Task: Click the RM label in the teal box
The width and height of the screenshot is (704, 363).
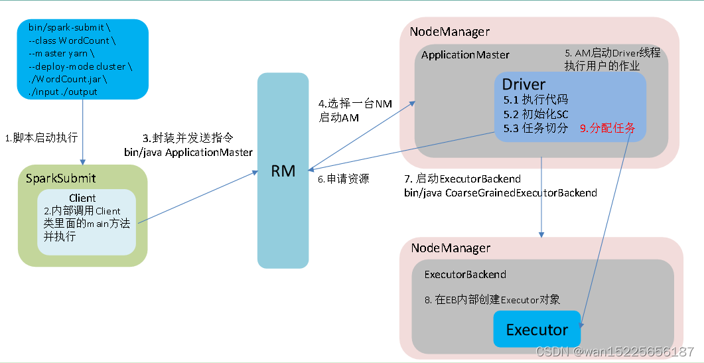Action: coord(283,171)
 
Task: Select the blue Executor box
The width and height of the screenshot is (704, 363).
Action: coord(537,329)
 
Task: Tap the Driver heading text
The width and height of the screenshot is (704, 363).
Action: coord(524,84)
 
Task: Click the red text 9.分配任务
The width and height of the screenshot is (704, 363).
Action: coord(607,128)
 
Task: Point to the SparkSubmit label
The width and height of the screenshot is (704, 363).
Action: coord(60,178)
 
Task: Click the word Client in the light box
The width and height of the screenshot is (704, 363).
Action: coord(82,198)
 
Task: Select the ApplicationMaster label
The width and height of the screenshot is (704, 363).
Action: coord(465,54)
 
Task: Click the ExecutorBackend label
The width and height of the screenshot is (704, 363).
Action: coord(464,274)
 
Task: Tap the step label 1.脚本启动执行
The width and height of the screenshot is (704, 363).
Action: coord(42,138)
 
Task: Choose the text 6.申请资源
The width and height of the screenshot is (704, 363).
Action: coord(342,179)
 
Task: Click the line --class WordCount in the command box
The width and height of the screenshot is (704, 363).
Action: coord(68,40)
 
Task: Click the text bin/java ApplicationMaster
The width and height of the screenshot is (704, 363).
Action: coord(188,153)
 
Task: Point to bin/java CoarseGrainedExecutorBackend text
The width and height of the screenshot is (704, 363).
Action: coord(501,193)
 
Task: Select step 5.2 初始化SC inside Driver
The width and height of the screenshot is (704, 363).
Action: coord(535,114)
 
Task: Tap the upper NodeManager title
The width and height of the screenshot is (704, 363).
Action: coord(449,31)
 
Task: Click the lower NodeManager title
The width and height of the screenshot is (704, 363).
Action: coord(451,248)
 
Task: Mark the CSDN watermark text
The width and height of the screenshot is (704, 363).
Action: coord(614,351)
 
